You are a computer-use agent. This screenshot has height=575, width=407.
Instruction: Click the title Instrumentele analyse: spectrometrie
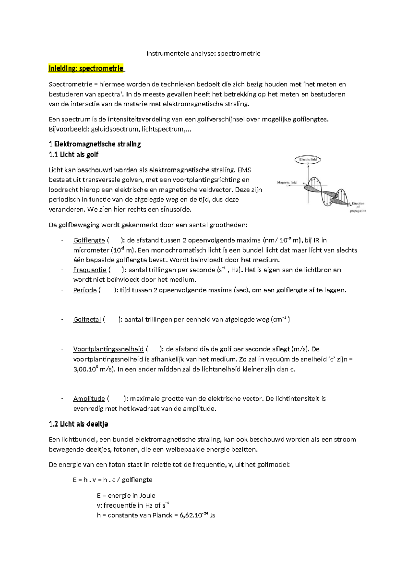(203, 53)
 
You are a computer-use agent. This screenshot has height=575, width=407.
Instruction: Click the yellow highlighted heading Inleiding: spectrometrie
(86, 68)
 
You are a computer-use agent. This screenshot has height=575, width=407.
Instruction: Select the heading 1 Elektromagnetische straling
(95, 144)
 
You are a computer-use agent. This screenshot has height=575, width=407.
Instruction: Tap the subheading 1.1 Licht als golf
(73, 155)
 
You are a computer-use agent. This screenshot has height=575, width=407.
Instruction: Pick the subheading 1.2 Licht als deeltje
(78, 424)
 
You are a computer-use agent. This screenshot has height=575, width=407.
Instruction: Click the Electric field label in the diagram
(308, 159)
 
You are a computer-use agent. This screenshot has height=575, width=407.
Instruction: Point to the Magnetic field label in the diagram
(287, 182)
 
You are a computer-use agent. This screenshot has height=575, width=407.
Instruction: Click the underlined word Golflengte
(89, 240)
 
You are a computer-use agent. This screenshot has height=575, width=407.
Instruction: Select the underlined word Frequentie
(90, 270)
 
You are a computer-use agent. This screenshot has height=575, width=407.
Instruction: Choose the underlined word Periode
(85, 290)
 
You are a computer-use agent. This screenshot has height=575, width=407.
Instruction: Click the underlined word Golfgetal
(87, 319)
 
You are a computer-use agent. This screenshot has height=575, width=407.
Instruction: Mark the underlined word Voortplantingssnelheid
(108, 349)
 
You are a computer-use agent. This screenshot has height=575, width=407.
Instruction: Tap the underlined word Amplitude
(89, 399)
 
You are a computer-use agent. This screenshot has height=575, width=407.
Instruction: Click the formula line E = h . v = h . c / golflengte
(112, 480)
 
